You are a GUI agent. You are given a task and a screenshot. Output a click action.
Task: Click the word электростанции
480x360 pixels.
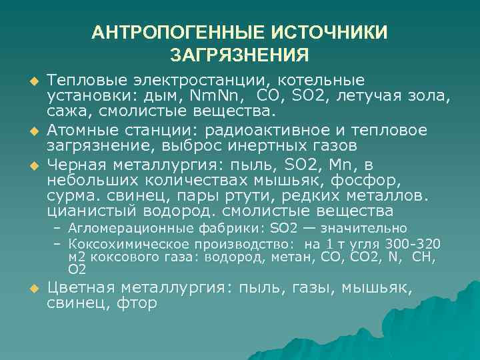[188, 79]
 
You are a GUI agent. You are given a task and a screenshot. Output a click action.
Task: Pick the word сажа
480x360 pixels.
[65, 111]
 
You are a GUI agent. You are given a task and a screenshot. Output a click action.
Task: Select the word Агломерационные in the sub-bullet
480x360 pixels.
[123, 228]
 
